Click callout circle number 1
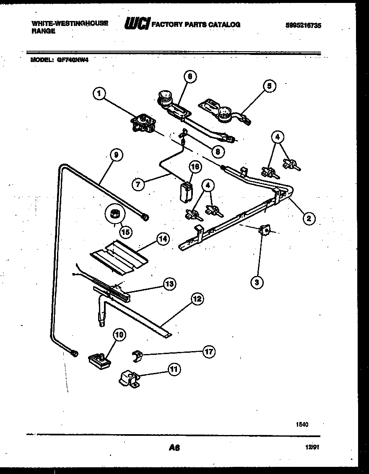click(99, 94)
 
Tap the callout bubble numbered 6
click(190, 76)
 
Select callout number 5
click(269, 86)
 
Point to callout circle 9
click(116, 155)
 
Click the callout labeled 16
click(195, 167)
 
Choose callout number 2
click(308, 217)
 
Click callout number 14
click(163, 239)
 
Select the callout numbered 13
click(169, 284)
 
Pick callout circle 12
click(197, 299)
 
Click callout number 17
click(208, 352)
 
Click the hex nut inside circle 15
click(113, 215)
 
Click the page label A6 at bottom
click(174, 448)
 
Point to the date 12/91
click(311, 448)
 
